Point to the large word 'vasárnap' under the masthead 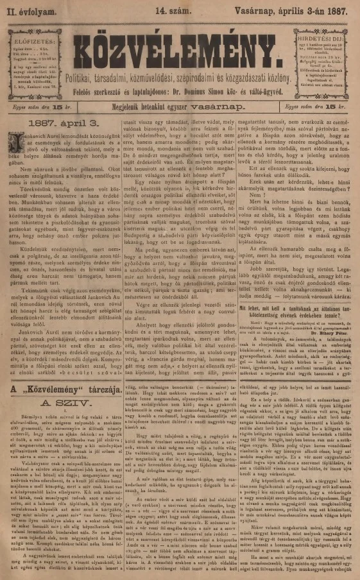[x=228, y=110]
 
